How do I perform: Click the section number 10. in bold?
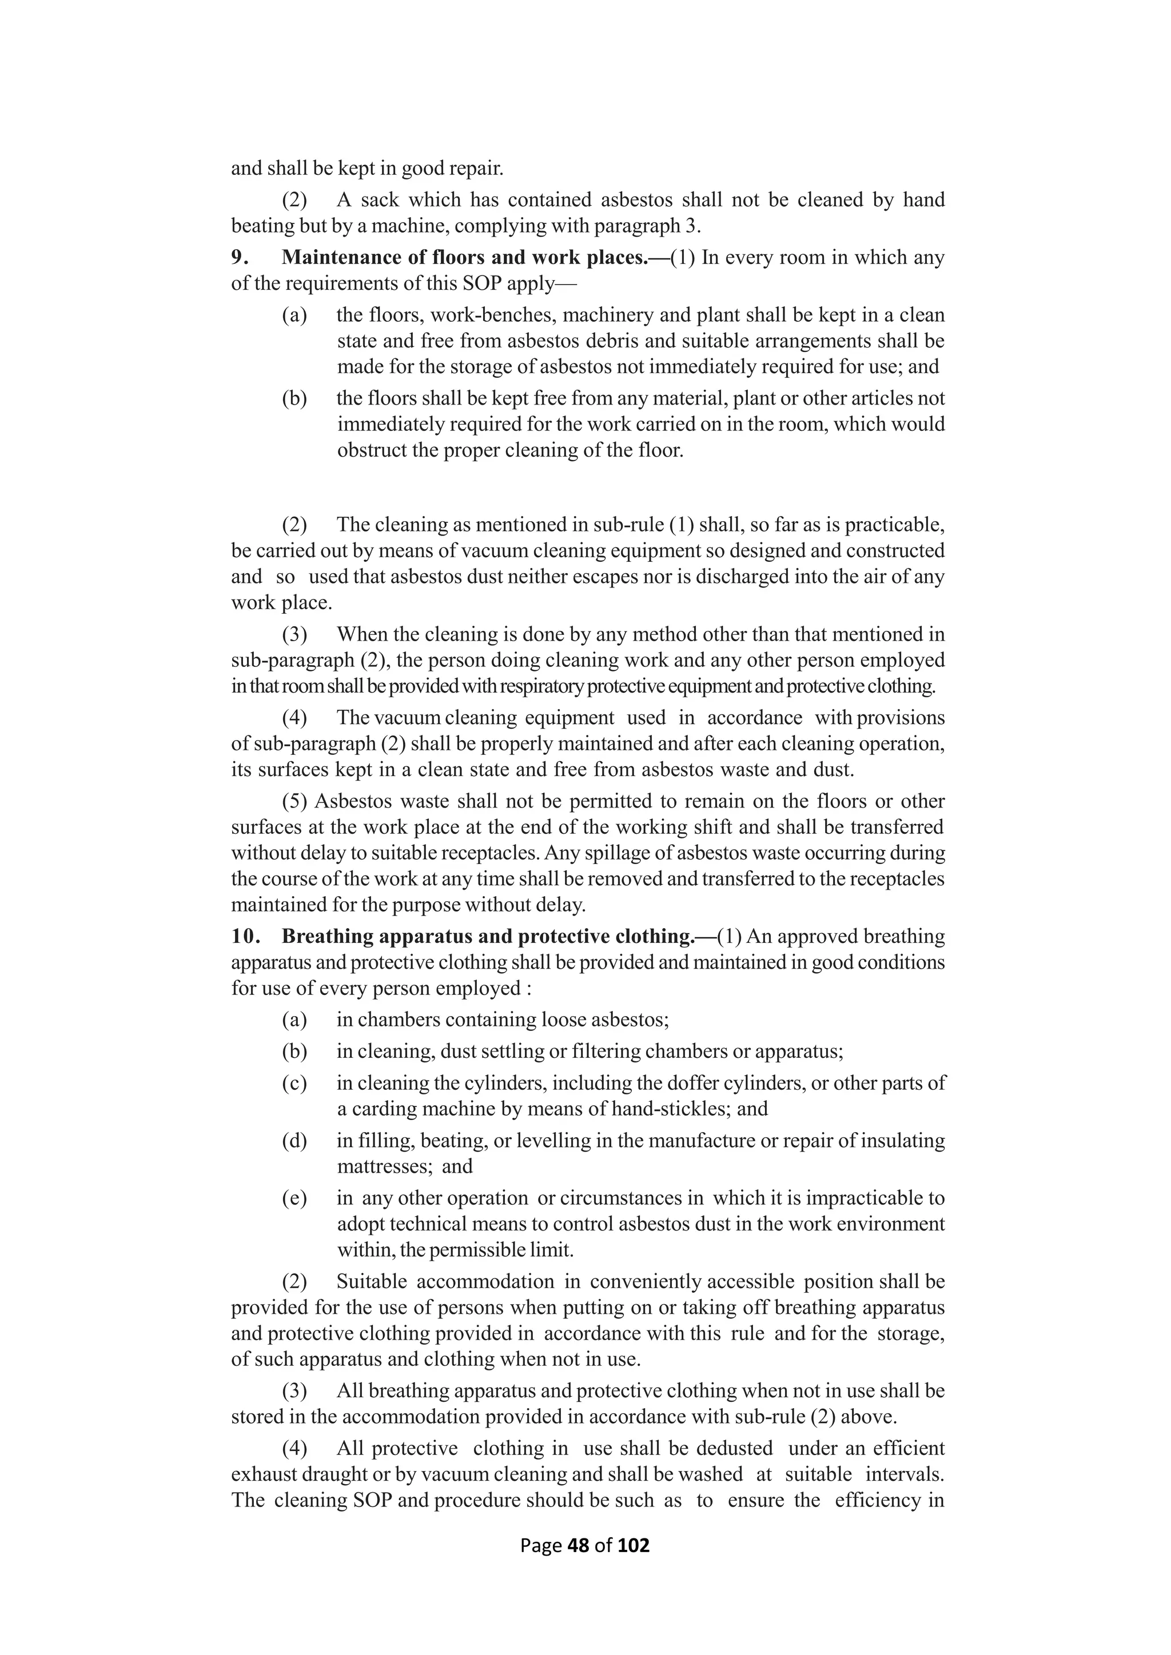245,936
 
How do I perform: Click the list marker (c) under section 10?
294,1083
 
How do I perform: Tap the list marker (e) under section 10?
294,1198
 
